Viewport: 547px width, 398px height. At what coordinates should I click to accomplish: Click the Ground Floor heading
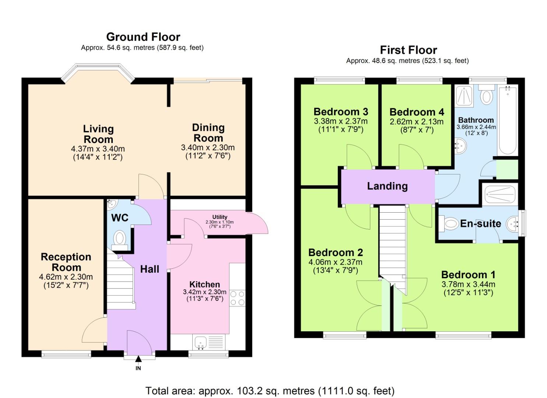143,37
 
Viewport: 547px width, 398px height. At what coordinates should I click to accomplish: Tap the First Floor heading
408,50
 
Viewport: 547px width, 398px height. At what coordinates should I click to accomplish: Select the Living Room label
98,134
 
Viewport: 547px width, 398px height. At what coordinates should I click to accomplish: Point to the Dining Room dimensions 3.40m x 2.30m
208,148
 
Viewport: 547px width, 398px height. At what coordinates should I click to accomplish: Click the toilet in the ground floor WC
119,239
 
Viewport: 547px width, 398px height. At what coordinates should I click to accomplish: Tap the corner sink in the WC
112,203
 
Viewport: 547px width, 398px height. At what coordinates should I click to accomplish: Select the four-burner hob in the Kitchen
237,298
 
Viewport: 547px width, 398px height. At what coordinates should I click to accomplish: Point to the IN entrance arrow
138,360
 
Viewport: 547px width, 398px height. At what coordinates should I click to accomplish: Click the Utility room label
220,217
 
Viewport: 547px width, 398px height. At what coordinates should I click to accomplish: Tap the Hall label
150,269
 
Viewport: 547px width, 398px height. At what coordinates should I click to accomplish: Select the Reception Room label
66,262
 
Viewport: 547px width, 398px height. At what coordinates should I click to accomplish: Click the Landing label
387,186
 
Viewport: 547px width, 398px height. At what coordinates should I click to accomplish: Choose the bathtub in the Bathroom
508,120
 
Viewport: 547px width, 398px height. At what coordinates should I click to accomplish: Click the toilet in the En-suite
449,223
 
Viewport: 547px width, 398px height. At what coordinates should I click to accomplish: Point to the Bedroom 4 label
417,112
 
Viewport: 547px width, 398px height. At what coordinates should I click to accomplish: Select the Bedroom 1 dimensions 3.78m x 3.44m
468,284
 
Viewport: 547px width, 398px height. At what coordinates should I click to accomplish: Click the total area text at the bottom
270,391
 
